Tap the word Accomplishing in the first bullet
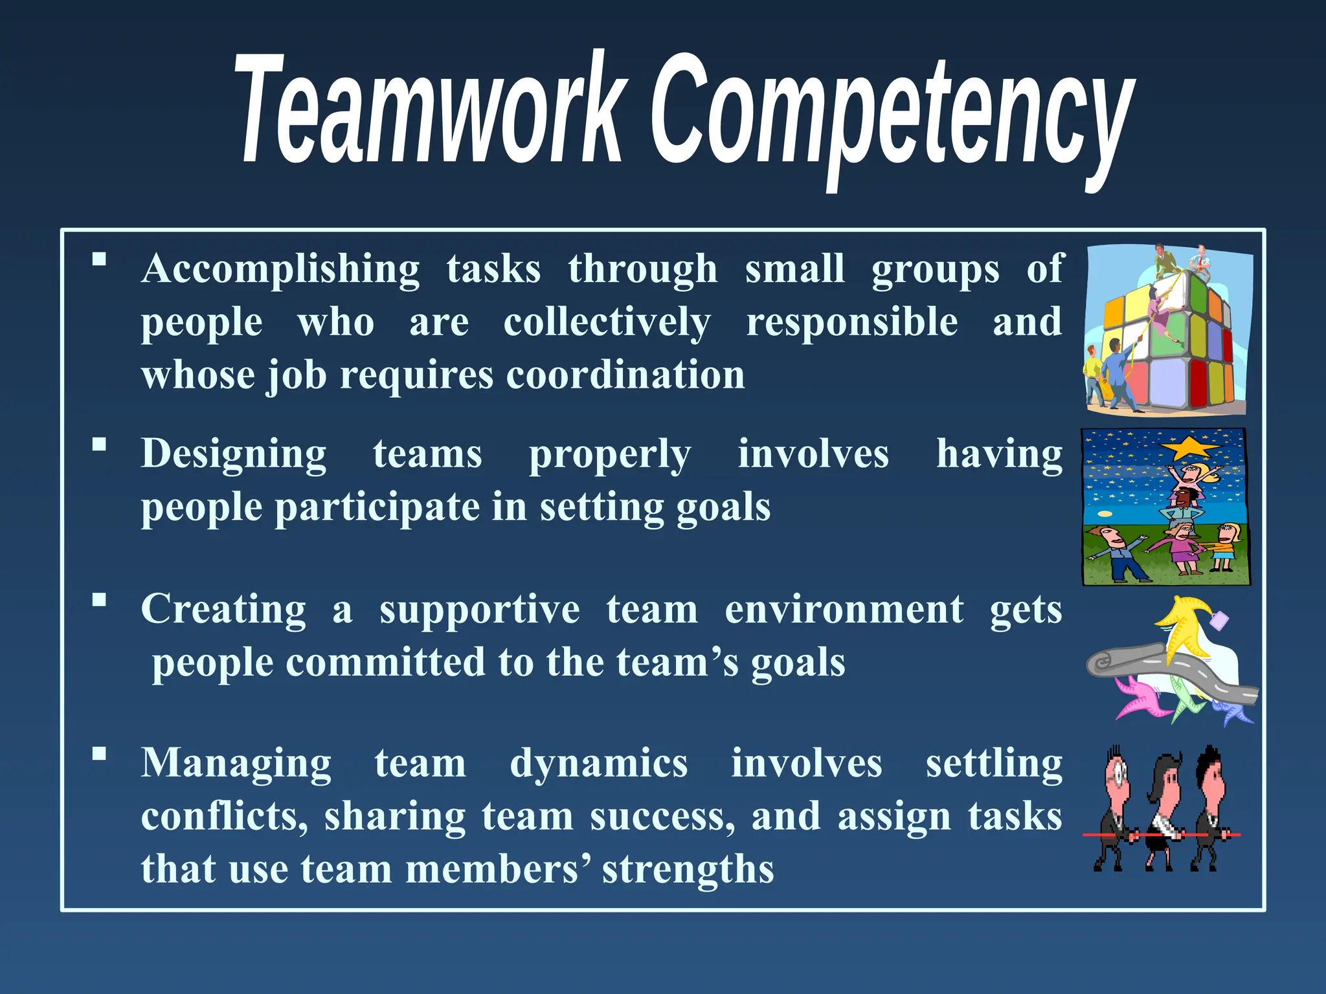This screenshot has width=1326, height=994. (x=280, y=269)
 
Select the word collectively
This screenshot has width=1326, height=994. (x=607, y=323)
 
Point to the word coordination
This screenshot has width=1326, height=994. (x=625, y=375)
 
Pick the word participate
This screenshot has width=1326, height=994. (x=377, y=507)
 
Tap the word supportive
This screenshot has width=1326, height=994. (x=479, y=610)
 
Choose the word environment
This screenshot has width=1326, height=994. (x=844, y=610)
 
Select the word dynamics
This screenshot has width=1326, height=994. (x=598, y=764)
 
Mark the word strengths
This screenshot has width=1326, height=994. (x=688, y=869)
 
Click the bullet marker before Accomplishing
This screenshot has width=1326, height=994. (x=99, y=260)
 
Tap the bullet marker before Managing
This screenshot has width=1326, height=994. (x=99, y=753)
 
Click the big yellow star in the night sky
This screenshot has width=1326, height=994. (x=1188, y=447)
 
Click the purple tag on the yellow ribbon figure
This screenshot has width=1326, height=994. (x=1219, y=621)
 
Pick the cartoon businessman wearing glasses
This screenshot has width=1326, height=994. (x=1115, y=809)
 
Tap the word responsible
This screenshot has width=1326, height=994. (x=851, y=323)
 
